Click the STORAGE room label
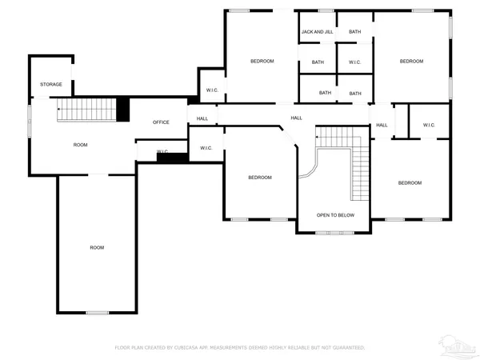pos(51,84)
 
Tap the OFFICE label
pos(161,122)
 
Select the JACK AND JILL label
pos(317,32)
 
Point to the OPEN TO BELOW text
pos(335,215)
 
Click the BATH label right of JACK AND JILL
pos(354,32)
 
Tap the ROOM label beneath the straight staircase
pos(80,145)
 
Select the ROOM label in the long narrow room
pos(97,247)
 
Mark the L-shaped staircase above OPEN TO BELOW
pos(352,160)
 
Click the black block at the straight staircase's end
pos(123,109)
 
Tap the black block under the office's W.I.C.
pos(172,158)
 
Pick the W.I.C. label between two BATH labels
pos(354,62)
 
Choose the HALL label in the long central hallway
pos(296,118)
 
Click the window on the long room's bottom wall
pos(97,313)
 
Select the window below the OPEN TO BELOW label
pos(334,233)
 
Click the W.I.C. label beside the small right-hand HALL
pos(429,125)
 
